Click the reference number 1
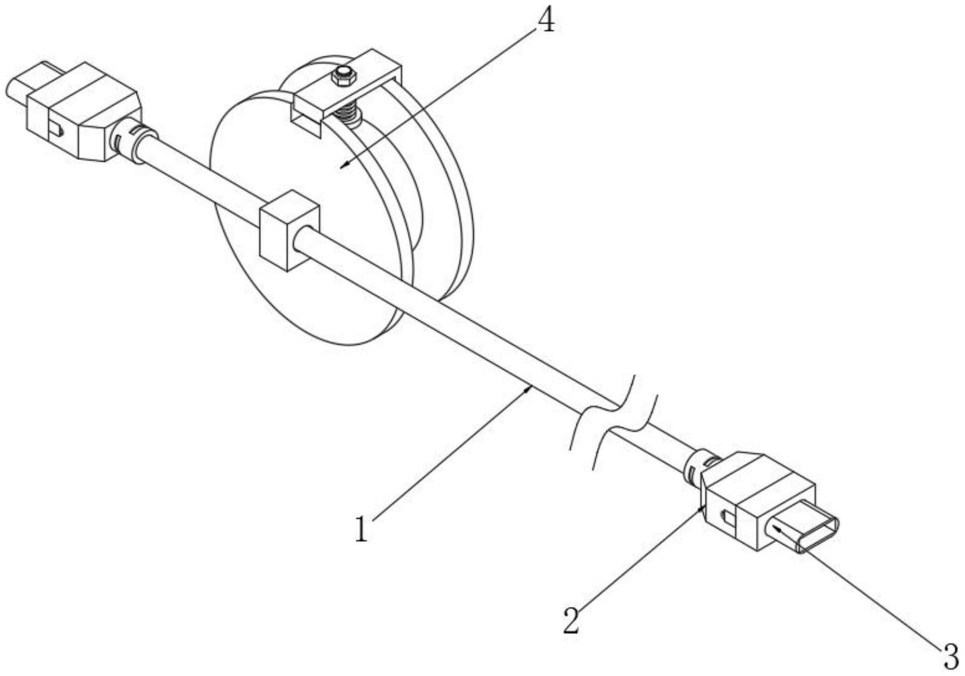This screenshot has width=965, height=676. point(361,529)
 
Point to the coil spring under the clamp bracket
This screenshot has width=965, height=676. point(349,115)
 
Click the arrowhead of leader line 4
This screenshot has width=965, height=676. point(343,168)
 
